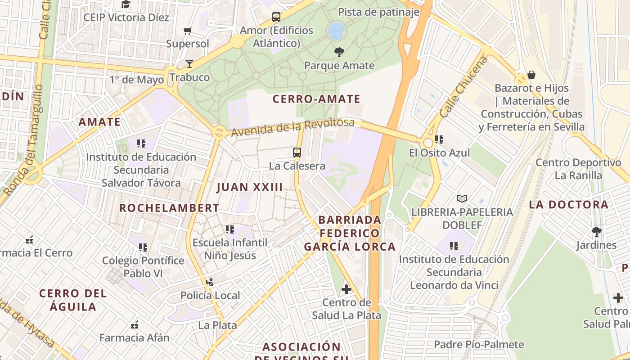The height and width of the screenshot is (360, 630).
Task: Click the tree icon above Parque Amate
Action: pos(339,52)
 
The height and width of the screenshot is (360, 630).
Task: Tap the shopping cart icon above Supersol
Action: pos(188,31)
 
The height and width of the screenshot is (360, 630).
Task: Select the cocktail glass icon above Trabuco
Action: pos(189,64)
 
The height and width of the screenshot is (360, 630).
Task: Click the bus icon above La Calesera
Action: pos(297,153)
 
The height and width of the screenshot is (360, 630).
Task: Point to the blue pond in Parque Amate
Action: pos(336,31)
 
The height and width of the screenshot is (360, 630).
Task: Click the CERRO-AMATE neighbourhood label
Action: pos(316,99)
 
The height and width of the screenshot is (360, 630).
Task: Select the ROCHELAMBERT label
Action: pos(169,208)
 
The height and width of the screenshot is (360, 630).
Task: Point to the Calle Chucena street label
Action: pos(463,88)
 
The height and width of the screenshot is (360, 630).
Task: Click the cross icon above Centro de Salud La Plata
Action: pos(346,289)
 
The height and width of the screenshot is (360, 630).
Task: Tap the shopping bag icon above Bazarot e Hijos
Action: pos(531,75)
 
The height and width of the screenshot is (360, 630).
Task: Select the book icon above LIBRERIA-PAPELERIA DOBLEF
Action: pos(462,198)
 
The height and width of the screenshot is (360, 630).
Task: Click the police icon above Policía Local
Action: pos(209,282)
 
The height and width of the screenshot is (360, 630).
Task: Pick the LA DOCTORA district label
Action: pos(568,205)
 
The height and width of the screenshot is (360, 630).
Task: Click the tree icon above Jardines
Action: pos(596,232)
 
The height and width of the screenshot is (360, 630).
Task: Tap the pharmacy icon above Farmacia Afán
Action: pos(134,324)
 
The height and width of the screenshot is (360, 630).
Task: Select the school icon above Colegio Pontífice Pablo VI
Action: pos(143,247)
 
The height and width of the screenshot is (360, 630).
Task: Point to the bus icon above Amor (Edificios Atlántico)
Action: pos(276,18)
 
